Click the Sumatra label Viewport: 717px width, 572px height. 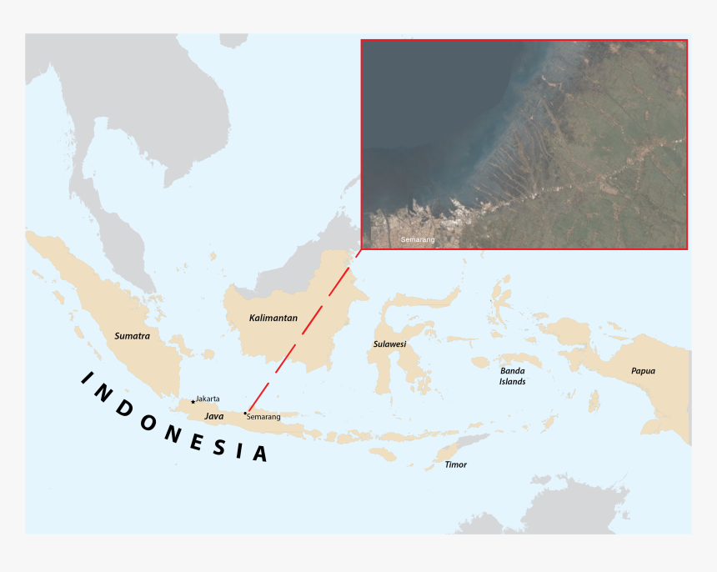(x=132, y=335)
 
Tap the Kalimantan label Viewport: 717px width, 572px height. (x=273, y=318)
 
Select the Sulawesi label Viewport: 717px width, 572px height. (x=389, y=344)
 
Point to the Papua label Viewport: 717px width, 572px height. (x=643, y=371)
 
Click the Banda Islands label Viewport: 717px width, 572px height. (x=513, y=375)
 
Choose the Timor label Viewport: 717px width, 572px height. (x=455, y=464)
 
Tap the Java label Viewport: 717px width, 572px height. (x=213, y=415)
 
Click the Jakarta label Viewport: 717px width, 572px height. (x=208, y=399)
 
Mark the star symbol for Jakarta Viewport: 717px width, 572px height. (x=193, y=402)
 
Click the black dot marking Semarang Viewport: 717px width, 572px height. (x=245, y=413)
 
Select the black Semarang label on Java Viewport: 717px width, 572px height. (x=264, y=417)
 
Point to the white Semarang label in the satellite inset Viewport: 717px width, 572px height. (x=418, y=240)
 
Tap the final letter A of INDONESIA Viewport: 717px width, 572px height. (x=261, y=454)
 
